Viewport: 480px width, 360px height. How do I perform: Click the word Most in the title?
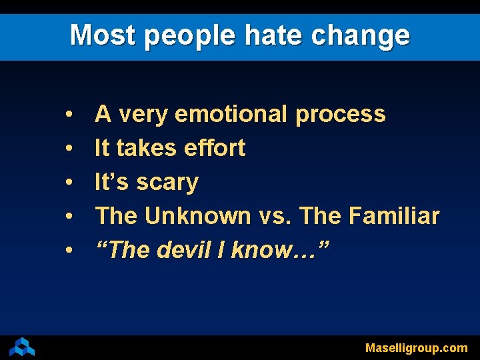103,35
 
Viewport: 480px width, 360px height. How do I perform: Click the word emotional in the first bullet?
231,114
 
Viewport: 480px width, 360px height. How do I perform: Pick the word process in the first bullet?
340,114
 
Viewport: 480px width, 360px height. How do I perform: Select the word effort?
215,147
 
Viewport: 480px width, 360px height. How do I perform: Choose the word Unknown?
197,216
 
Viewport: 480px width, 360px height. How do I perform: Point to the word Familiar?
395,216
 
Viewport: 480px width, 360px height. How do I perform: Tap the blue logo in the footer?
22,347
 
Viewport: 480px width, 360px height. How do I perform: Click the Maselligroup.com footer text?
416,348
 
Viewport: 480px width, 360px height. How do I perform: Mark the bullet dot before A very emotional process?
69,115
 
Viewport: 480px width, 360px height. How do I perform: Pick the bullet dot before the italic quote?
69,251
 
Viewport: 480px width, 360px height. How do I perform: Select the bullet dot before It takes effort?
69,149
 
